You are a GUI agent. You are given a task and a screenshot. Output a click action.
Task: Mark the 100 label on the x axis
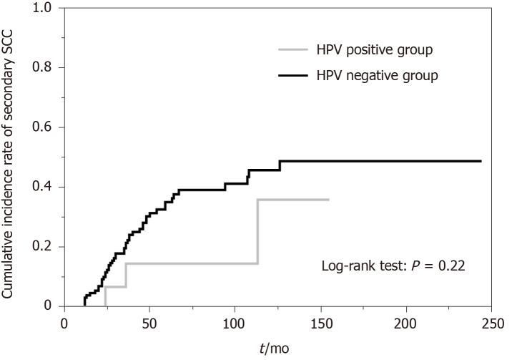click(x=235, y=323)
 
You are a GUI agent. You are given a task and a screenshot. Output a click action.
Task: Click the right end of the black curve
click(x=481, y=161)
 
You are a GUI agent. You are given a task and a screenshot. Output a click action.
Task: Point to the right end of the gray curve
click(x=328, y=200)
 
